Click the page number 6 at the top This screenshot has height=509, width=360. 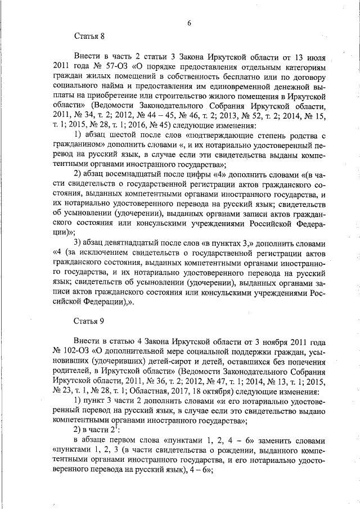point(190,22)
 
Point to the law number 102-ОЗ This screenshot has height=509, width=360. point(80,351)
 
